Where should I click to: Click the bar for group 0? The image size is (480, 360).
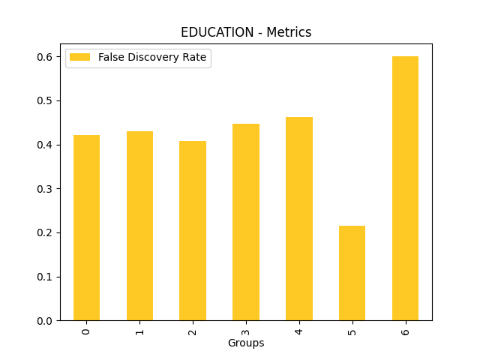tap(86, 228)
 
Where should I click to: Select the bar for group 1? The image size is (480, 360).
tap(139, 226)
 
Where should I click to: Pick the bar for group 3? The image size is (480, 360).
tap(246, 222)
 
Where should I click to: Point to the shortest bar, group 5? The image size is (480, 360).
tap(352, 273)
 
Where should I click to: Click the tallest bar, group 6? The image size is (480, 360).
tap(405, 188)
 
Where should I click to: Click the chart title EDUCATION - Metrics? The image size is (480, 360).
tap(246, 32)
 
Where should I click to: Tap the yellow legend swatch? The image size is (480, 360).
tap(79, 58)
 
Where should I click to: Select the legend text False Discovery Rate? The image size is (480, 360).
tap(151, 58)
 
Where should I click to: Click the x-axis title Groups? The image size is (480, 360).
tap(246, 343)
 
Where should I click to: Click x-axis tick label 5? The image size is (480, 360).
tap(352, 331)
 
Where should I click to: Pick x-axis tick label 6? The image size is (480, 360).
tap(405, 331)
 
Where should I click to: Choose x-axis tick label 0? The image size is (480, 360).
tap(86, 331)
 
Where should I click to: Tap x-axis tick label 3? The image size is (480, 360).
tap(246, 331)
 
